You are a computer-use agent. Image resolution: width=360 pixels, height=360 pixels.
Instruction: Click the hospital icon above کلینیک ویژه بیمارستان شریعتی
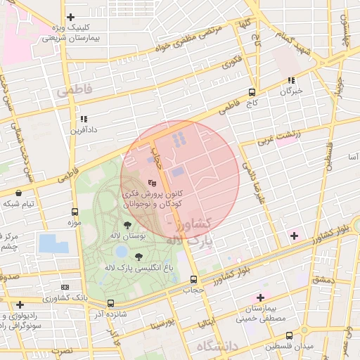coord(70,17)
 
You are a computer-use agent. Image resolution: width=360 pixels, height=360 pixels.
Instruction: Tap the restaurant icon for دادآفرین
coord(84,119)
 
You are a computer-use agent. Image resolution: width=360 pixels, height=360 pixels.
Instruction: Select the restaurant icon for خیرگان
coord(291,80)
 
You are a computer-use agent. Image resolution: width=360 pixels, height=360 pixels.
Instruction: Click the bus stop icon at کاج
coord(252,92)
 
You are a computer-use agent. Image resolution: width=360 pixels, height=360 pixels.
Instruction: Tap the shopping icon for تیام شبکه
coord(18,193)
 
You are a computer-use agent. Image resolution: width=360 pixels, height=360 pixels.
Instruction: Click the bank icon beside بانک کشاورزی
coord(65,288)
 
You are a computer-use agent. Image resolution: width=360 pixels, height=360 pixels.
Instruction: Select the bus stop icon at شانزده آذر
coord(110,304)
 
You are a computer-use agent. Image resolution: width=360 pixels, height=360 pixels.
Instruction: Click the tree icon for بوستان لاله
coord(127,225)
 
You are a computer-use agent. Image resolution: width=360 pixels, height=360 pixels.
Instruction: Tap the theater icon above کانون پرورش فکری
coord(153,182)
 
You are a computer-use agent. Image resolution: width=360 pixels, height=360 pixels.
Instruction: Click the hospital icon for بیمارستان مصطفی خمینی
coord(261,298)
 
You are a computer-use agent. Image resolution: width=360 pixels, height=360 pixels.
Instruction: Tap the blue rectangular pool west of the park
coord(53,243)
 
